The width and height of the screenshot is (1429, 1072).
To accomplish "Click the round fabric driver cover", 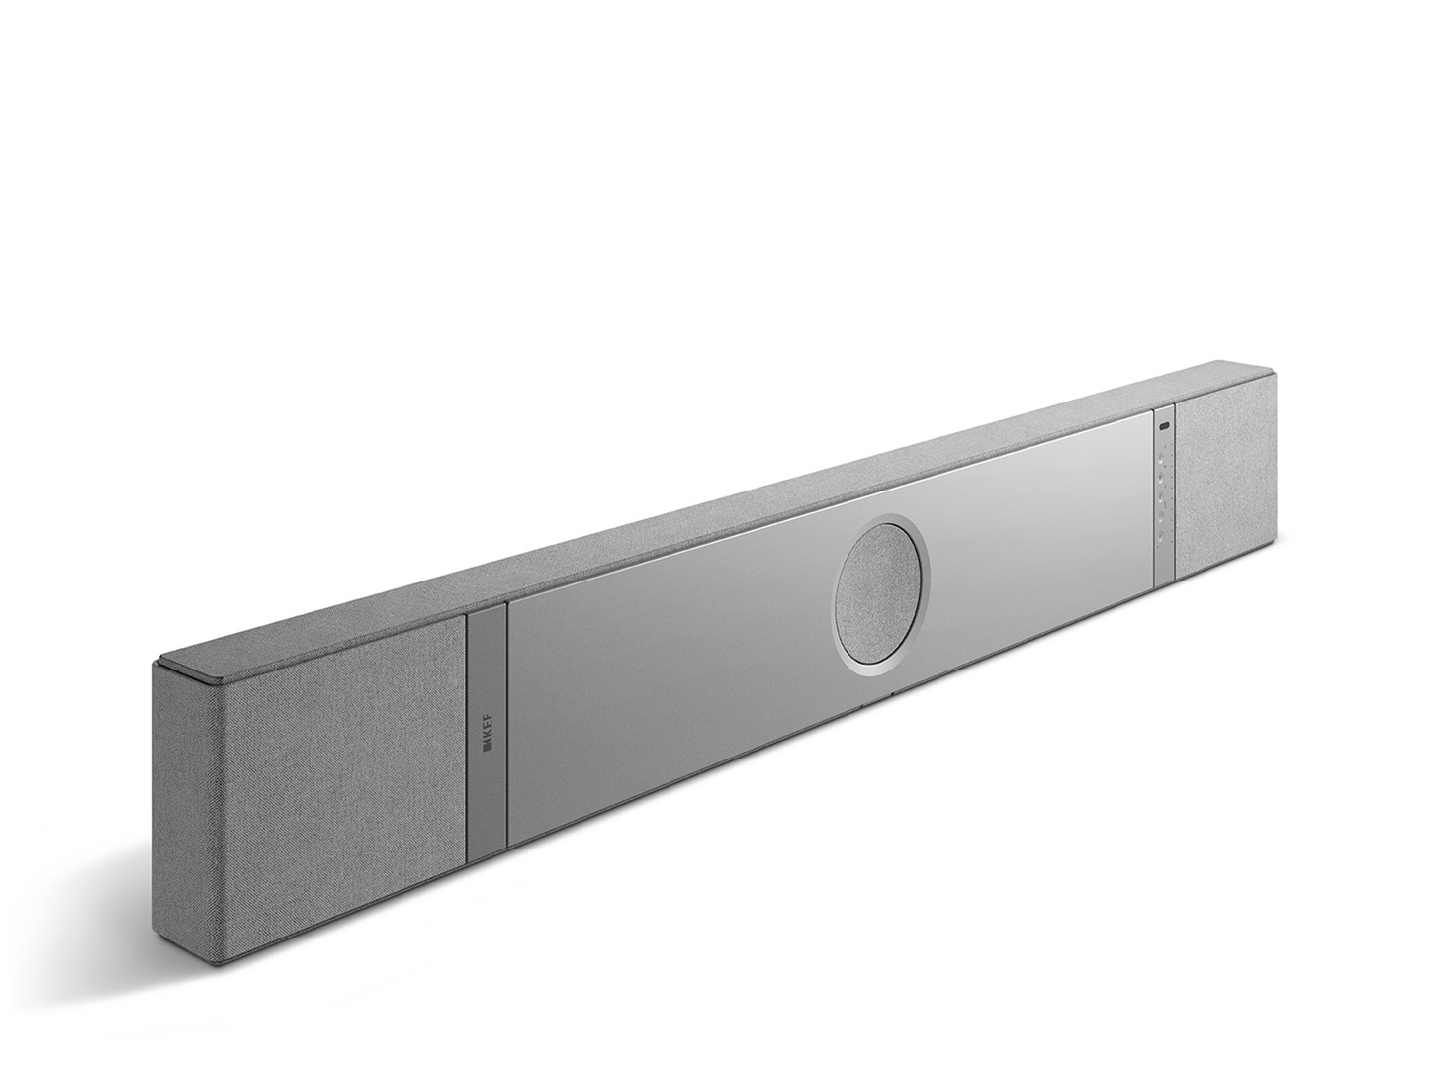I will click(881, 592).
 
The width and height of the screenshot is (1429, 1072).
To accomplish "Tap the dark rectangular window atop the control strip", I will click(1164, 426).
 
